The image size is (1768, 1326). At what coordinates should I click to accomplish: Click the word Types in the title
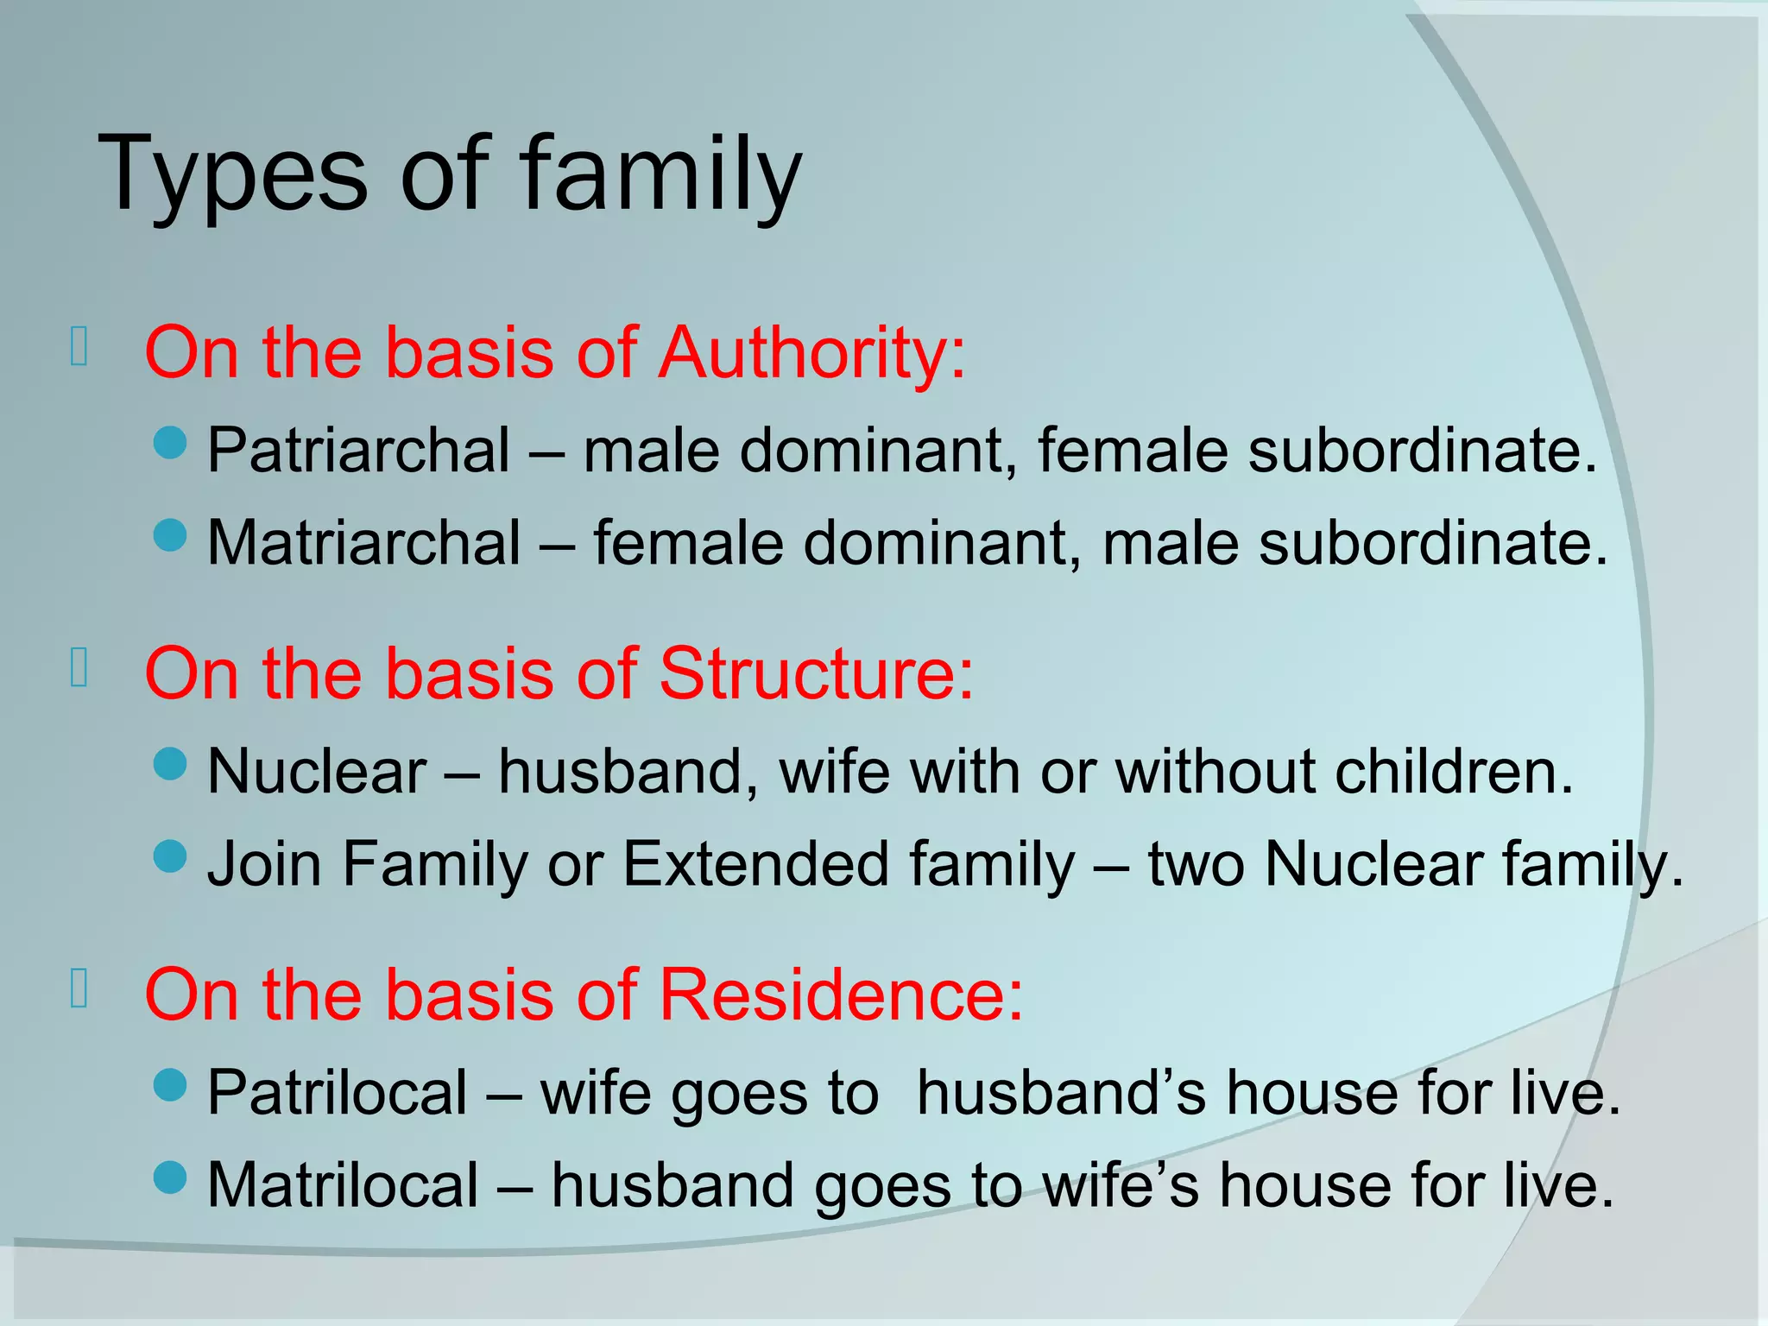click(x=233, y=177)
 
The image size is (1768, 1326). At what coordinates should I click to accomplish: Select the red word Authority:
click(x=811, y=354)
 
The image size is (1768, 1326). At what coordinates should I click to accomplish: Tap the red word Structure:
click(x=816, y=674)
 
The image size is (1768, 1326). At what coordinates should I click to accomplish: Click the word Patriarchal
click(x=358, y=451)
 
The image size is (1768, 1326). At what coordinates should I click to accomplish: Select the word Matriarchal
click(x=363, y=544)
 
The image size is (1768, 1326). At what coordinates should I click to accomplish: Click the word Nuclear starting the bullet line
click(x=317, y=772)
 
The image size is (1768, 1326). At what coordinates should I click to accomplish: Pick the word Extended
click(x=755, y=864)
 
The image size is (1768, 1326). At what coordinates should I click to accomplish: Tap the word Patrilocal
click(x=337, y=1094)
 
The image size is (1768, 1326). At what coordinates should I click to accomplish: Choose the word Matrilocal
click(x=342, y=1186)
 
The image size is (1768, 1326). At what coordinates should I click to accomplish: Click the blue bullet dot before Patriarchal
click(x=170, y=442)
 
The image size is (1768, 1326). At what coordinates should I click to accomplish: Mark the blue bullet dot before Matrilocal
click(x=170, y=1177)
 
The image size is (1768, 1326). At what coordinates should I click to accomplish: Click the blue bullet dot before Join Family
click(x=170, y=856)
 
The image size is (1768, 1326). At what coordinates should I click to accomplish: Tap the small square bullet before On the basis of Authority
click(x=79, y=347)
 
